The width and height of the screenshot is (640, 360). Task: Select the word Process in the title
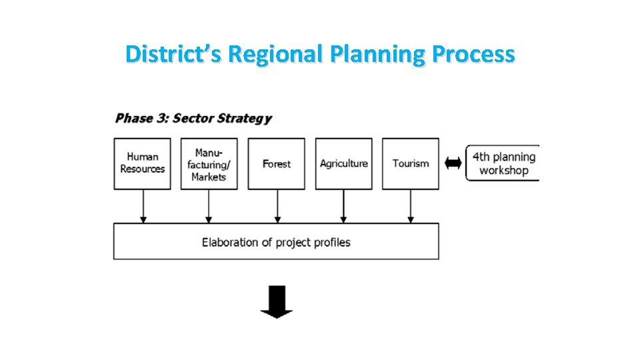point(473,53)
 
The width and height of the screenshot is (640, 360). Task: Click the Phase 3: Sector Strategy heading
point(193,119)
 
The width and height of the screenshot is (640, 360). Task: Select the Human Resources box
point(142,163)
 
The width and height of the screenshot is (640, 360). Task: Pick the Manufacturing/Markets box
point(209,163)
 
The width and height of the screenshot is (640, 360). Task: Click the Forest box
point(276,163)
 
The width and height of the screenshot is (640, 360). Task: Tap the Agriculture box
point(343,163)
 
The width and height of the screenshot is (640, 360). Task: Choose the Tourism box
point(410,163)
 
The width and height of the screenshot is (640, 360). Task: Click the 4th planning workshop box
point(503,163)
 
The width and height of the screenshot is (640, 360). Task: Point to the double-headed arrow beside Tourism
point(453,163)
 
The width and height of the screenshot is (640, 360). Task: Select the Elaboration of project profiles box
point(276,241)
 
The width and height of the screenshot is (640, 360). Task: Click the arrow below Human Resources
point(143,207)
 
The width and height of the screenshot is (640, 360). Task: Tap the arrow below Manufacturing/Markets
point(209,207)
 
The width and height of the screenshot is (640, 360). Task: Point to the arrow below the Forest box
point(277,207)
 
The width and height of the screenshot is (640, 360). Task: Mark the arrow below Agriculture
point(343,207)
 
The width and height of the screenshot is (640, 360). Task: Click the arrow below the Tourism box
point(411,207)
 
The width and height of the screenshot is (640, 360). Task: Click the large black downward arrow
point(276,301)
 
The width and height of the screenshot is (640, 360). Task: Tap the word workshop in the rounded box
point(504,171)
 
